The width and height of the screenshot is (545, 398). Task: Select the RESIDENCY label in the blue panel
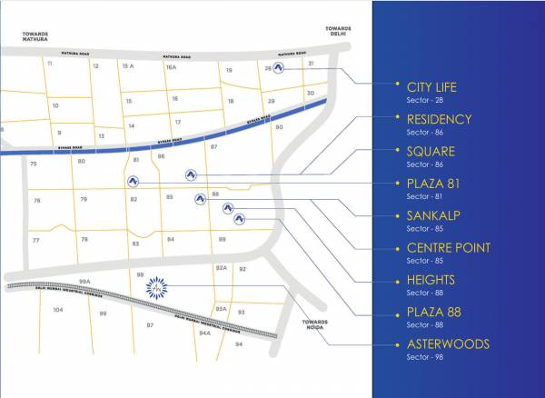click(439, 119)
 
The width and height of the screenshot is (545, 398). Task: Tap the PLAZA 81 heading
click(431, 184)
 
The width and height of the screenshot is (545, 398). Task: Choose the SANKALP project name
click(432, 215)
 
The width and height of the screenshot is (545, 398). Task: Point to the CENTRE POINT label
click(448, 248)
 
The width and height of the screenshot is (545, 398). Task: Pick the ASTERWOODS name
click(448, 344)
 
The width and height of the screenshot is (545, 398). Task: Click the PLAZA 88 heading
click(431, 313)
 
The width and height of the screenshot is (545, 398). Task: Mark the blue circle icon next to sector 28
click(280, 67)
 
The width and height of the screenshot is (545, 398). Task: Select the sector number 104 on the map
click(58, 310)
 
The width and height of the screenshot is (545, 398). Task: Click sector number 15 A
click(128, 67)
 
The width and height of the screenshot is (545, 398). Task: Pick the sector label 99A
click(85, 281)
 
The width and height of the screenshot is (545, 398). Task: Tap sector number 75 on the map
click(34, 164)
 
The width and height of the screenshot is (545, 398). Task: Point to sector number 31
click(311, 64)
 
